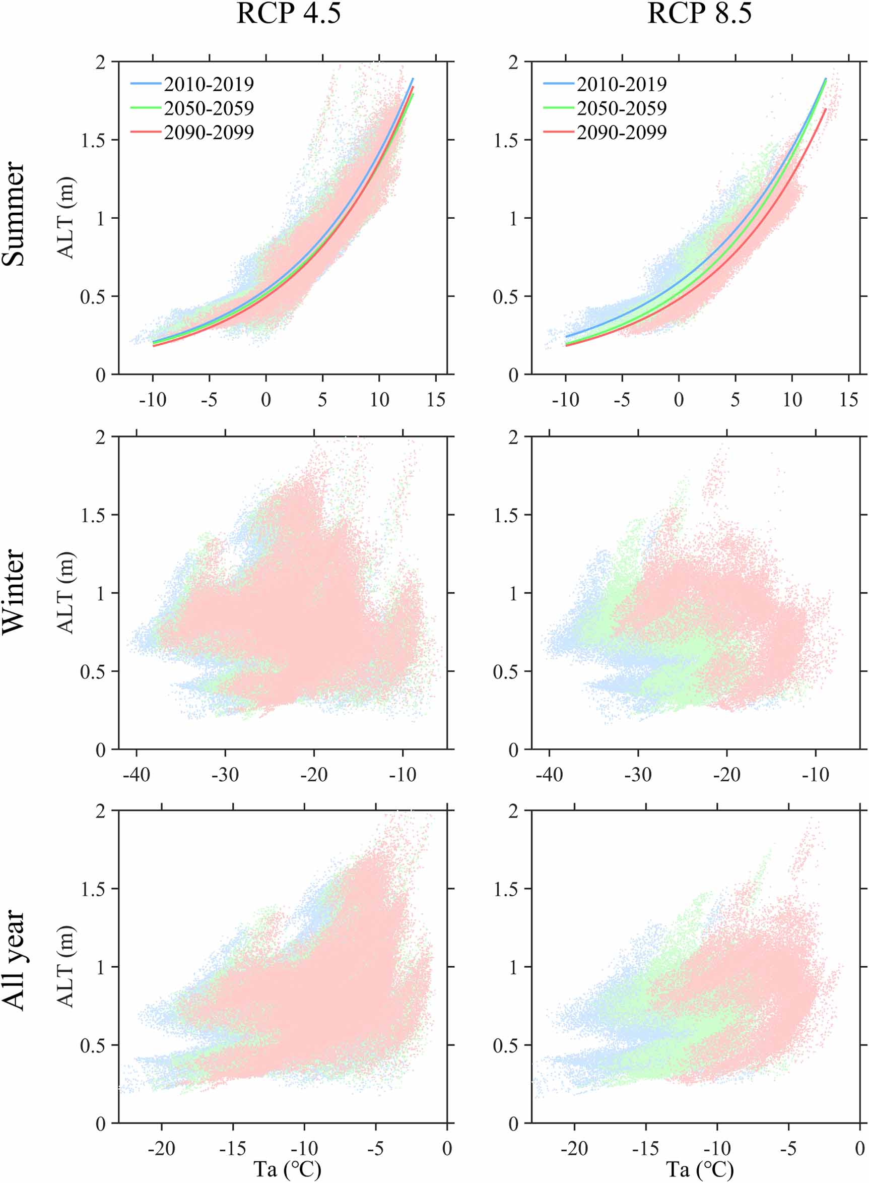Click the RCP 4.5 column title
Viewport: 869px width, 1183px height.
(288, 13)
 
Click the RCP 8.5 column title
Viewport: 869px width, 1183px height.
(699, 13)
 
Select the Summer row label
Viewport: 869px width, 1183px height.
(14, 214)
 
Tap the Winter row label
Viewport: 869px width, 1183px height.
(14, 592)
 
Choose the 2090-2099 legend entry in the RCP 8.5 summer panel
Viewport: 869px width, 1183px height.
(621, 132)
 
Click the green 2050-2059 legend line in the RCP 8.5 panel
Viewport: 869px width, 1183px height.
(559, 108)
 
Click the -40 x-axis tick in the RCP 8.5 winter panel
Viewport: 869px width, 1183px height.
(549, 775)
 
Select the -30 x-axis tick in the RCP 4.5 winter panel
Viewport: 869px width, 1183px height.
(225, 775)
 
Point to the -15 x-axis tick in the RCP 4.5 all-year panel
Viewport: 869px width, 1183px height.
(233, 1148)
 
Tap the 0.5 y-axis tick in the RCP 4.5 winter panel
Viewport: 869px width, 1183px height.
(93, 672)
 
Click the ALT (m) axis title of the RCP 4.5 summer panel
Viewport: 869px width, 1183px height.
(66, 218)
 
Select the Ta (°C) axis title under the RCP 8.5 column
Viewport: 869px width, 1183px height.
(700, 1169)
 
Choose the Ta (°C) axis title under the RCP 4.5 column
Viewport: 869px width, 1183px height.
(287, 1169)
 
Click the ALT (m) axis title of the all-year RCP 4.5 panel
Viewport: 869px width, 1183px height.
(66, 966)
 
